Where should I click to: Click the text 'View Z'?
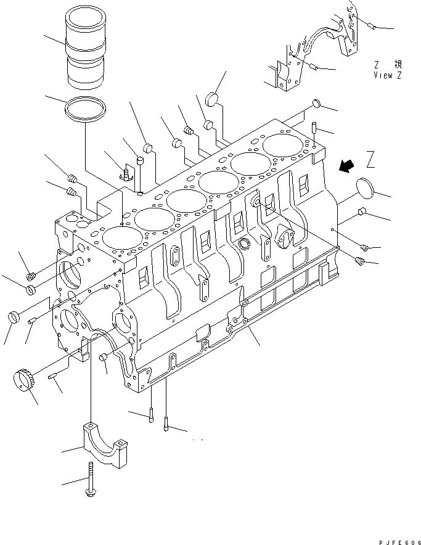[x=388, y=75]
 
